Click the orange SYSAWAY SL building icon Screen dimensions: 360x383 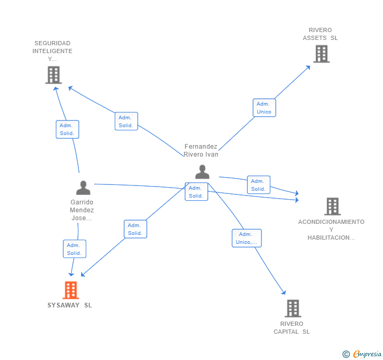pyautogui.click(x=70, y=290)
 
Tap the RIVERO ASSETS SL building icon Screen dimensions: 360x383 pyautogui.click(x=321, y=54)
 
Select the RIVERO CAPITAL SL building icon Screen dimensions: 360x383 pyautogui.click(x=293, y=308)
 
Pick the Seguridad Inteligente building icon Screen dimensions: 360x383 pyautogui.click(x=53, y=75)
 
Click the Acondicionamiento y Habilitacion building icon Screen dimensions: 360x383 pyautogui.click(x=332, y=207)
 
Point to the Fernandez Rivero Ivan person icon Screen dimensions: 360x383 pyautogui.click(x=202, y=172)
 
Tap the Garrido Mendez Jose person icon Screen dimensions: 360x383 pyautogui.click(x=83, y=188)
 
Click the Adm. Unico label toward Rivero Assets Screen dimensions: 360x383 pyautogui.click(x=264, y=108)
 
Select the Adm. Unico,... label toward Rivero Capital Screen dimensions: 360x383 pyautogui.click(x=247, y=238)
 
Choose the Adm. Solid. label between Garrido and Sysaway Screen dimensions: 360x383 pyautogui.click(x=74, y=249)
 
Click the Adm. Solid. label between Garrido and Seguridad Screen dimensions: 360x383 pyautogui.click(x=67, y=129)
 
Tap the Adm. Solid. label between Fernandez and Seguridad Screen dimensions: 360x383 pyautogui.click(x=126, y=121)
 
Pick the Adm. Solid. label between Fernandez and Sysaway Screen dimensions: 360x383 pyautogui.click(x=135, y=229)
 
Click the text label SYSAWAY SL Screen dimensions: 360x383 pyautogui.click(x=69, y=305)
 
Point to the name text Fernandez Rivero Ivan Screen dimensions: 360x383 pyautogui.click(x=201, y=150)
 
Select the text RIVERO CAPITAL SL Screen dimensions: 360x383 pyautogui.click(x=292, y=327)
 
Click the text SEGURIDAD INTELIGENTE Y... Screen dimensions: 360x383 pyautogui.click(x=53, y=51)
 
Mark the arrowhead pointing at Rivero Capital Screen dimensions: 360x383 pyautogui.click(x=284, y=293)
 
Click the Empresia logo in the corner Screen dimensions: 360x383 pyautogui.click(x=362, y=354)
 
